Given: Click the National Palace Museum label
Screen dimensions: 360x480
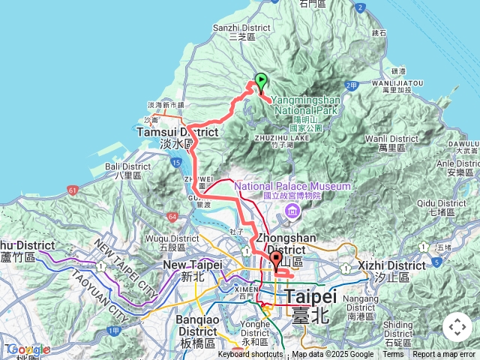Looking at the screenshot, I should [x=292, y=186].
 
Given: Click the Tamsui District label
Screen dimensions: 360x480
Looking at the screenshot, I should [x=177, y=132].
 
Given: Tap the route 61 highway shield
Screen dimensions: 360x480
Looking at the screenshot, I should [x=73, y=191].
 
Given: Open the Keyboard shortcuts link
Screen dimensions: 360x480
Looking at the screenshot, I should [x=250, y=355].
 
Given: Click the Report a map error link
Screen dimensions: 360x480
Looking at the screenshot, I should [x=445, y=355].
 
